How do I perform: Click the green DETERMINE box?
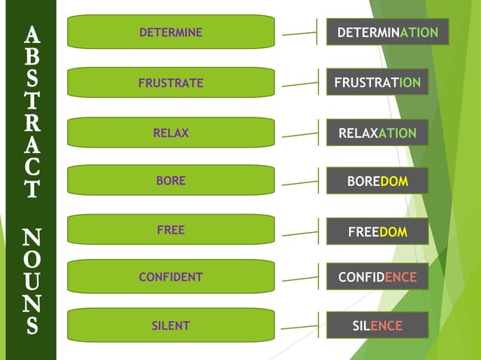pyautogui.click(x=171, y=32)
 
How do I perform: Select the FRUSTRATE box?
pyautogui.click(x=171, y=83)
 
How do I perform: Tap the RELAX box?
pyautogui.click(x=171, y=133)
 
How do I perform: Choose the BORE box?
pyautogui.click(x=171, y=181)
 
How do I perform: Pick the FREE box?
pyautogui.click(x=171, y=230)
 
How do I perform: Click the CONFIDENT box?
pyautogui.click(x=171, y=276)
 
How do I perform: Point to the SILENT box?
pyautogui.click(x=171, y=325)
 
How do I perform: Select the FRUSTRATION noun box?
pyautogui.click(x=377, y=82)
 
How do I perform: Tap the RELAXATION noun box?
pyautogui.click(x=377, y=133)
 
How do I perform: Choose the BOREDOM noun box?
pyautogui.click(x=377, y=182)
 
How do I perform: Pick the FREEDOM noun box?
pyautogui.click(x=377, y=232)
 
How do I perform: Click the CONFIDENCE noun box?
pyautogui.click(x=377, y=277)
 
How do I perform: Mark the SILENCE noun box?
pyautogui.click(x=377, y=326)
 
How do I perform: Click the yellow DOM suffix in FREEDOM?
pyautogui.click(x=393, y=232)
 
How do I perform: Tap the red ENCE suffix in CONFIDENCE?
pyautogui.click(x=400, y=277)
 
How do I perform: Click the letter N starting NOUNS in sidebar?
pyautogui.click(x=31, y=239)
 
